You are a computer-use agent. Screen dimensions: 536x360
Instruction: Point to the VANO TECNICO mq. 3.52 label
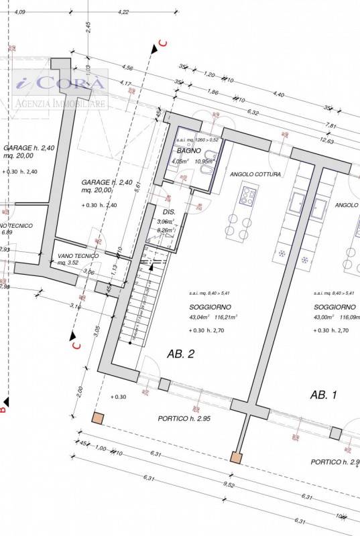[x=78, y=259]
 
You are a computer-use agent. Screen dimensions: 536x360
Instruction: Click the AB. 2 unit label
[x=181, y=354]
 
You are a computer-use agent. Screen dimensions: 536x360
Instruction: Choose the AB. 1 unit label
[x=323, y=395]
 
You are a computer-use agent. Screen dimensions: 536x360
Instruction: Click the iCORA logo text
[x=60, y=84]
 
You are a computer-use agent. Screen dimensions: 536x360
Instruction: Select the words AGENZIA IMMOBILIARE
[x=60, y=104]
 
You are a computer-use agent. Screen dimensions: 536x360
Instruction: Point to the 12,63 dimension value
[x=326, y=141]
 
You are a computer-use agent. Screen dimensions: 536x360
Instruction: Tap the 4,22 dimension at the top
[x=123, y=12]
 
